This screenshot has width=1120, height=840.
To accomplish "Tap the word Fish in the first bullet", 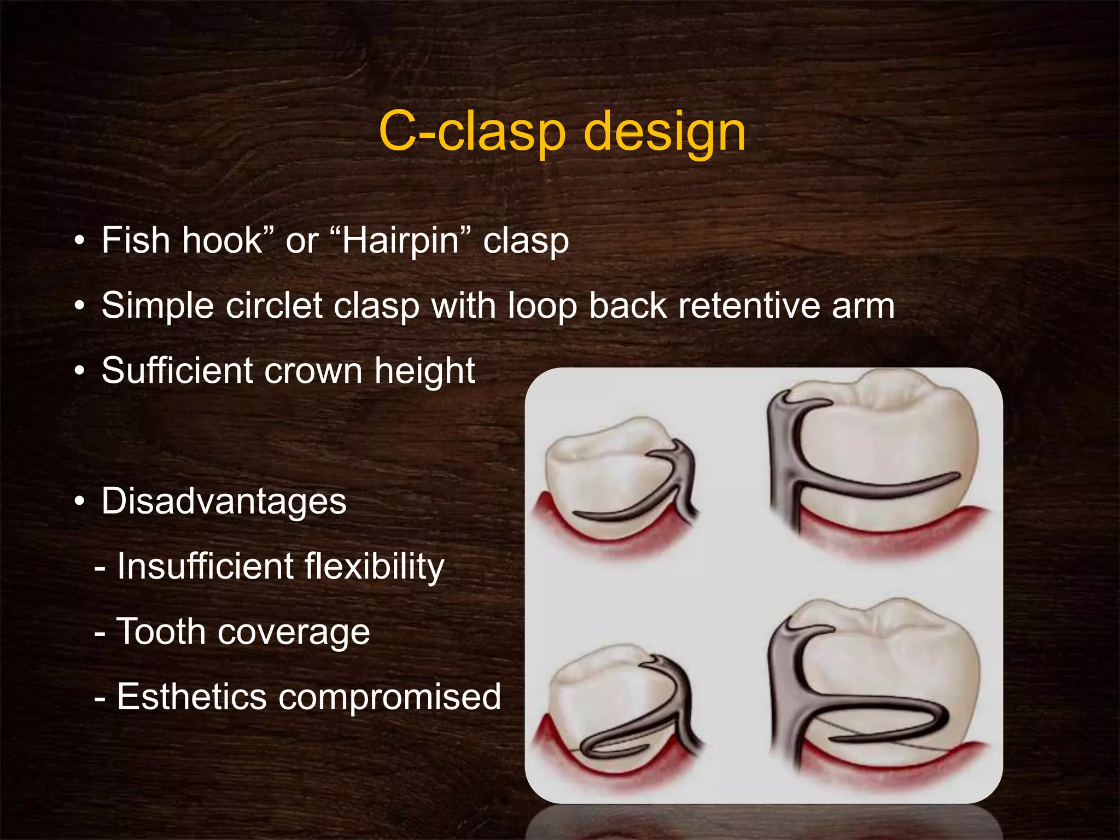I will click(136, 240).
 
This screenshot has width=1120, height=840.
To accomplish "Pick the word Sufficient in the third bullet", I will click(177, 370).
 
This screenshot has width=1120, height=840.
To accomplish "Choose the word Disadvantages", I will click(224, 501).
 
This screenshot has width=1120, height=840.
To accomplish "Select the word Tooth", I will click(160, 632).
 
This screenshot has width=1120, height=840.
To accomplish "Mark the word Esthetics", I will click(191, 697).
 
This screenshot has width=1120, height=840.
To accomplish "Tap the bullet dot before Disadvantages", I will click(80, 501).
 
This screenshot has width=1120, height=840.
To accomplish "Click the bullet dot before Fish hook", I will click(80, 240).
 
